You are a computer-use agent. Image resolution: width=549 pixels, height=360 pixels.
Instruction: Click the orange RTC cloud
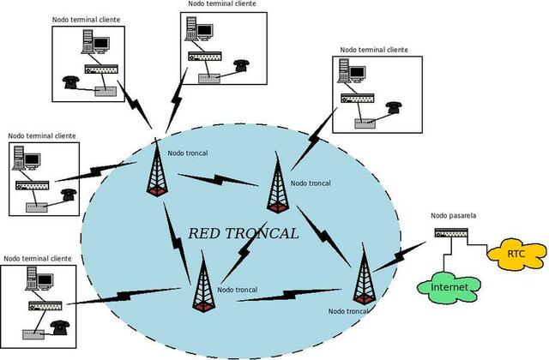tap(516, 254)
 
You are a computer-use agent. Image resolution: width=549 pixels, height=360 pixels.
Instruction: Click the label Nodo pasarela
tap(450, 216)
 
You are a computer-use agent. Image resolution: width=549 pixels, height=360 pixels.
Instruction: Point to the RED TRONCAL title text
tap(244, 233)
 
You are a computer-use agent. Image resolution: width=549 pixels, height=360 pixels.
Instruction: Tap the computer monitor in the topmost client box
tap(204, 30)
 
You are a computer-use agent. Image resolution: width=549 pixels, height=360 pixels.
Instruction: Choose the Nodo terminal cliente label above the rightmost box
tap(375, 50)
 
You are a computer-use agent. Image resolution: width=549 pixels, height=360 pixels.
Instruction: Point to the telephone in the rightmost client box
tap(393, 106)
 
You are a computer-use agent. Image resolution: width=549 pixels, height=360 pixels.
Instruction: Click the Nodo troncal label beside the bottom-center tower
tap(238, 290)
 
